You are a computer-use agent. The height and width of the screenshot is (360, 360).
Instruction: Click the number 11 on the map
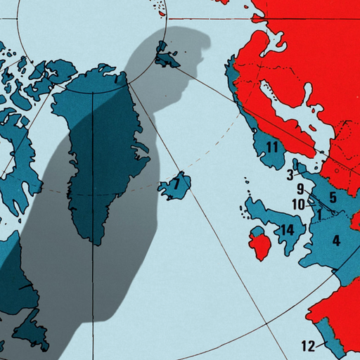coord(271,147)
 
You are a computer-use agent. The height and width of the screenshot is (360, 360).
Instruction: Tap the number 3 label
coord(290,174)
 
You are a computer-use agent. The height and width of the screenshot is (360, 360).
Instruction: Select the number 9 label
coord(300,189)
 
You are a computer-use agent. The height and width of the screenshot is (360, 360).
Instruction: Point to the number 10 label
coord(298,204)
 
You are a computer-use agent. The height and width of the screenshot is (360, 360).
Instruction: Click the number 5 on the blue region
coord(333,198)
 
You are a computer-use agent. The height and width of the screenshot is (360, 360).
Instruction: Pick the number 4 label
coord(336,241)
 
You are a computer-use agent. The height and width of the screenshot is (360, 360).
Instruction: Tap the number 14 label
coord(287,230)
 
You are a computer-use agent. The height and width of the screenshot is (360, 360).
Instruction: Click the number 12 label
coord(307,345)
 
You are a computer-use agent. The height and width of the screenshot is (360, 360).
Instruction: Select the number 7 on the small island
coord(177,185)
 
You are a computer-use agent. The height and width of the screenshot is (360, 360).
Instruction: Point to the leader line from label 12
coord(321,343)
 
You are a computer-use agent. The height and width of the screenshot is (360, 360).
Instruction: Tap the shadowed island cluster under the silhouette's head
coord(167,55)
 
